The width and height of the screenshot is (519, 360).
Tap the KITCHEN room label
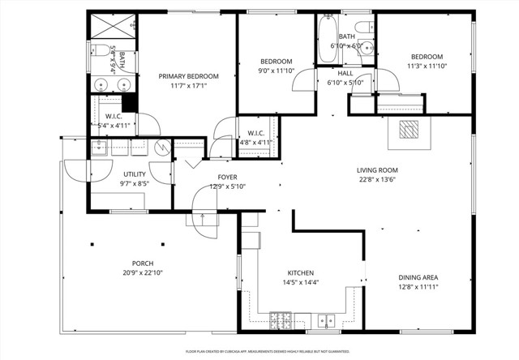coord(300,273)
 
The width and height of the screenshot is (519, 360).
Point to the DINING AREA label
coord(418,277)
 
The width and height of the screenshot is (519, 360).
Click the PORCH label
coord(143,263)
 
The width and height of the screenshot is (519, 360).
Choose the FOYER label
coord(227,177)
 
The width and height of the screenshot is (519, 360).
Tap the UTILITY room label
coord(134,174)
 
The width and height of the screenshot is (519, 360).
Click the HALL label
coord(345,74)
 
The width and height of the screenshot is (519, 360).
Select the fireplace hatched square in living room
coord(410,131)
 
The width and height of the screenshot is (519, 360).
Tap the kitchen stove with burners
coord(281,320)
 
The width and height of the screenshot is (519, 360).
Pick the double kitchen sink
coord(328,320)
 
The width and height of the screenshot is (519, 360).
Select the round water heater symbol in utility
coord(161,148)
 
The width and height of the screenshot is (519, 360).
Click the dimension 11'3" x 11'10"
coord(427,66)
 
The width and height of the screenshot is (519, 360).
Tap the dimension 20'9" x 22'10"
coord(143,272)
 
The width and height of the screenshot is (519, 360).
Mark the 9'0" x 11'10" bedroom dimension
coord(276,71)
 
